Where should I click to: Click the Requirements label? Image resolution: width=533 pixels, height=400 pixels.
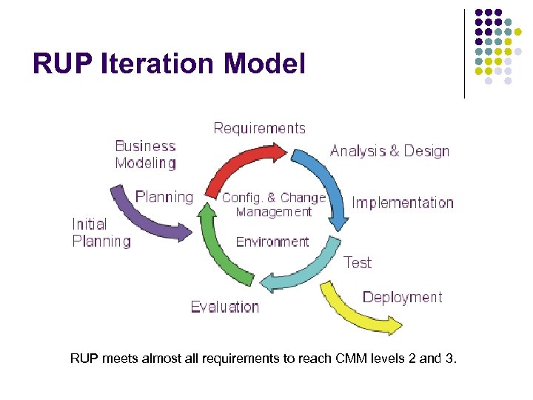pos(259,128)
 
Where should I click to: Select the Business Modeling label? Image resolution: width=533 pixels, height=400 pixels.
pos(145,155)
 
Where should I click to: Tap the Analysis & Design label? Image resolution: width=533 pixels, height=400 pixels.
pos(389,151)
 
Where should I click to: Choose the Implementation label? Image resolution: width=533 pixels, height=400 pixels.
pos(403,202)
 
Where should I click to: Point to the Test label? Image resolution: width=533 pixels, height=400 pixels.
pos(358,262)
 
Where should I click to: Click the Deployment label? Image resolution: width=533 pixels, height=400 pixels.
pos(402,297)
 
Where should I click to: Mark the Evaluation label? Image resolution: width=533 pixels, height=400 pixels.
pos(224,307)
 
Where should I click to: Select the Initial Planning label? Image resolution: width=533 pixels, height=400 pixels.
pos(101,233)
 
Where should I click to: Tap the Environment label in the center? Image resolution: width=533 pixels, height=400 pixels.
pos(272,241)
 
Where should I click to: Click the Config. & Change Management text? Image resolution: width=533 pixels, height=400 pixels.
pos(274,204)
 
